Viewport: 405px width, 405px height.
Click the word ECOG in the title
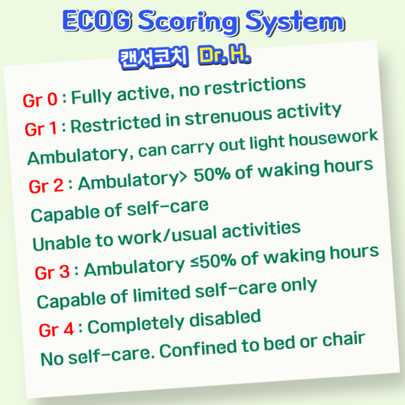pyautogui.click(x=96, y=22)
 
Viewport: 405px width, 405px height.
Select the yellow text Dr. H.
pyautogui.click(x=225, y=56)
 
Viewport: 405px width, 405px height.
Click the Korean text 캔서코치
pyautogui.click(x=153, y=57)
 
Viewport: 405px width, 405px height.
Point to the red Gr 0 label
pyautogui.click(x=40, y=100)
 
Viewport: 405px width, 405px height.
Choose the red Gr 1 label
pyautogui.click(x=41, y=129)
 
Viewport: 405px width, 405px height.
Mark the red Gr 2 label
pyautogui.click(x=46, y=186)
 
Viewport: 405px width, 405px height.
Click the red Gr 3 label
pyautogui.click(x=52, y=271)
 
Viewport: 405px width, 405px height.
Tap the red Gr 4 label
pyautogui.click(x=56, y=329)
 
